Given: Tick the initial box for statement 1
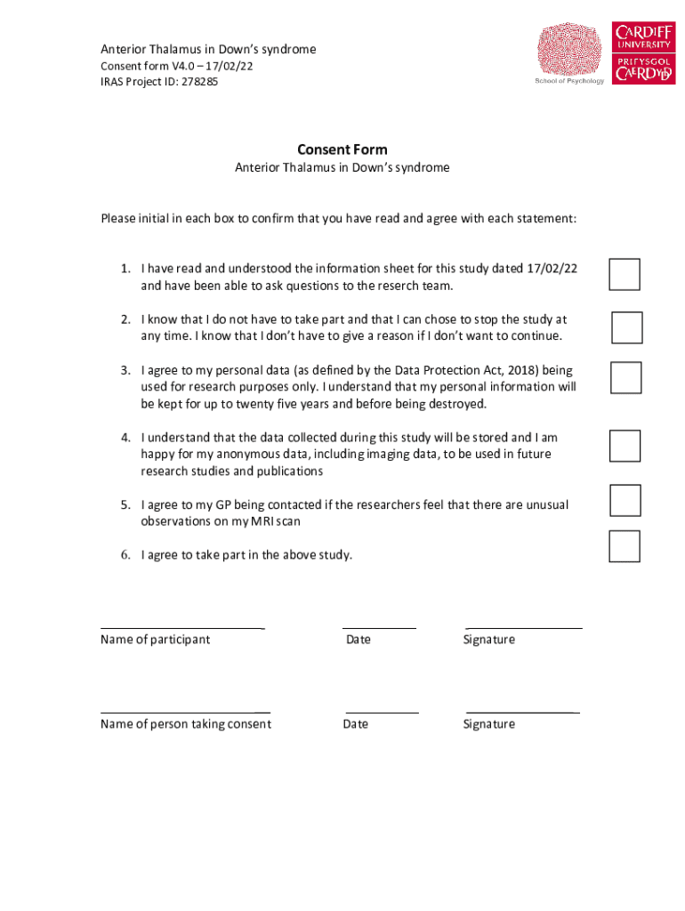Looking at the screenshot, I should tap(625, 275).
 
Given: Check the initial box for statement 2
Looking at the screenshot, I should tap(627, 327).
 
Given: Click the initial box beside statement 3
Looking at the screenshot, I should tap(625, 377).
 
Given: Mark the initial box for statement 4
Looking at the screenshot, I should tap(625, 446).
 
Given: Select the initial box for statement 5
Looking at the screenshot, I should tap(625, 501).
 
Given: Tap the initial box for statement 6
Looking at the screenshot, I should tap(625, 546).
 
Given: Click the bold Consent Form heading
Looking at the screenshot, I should tap(342, 149).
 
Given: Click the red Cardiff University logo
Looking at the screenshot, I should tap(644, 53).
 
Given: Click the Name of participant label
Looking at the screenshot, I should tap(156, 640).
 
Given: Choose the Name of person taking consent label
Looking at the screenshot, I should tap(186, 724).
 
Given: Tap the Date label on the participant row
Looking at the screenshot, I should tap(359, 640).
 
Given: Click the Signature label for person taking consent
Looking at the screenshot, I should tap(488, 724).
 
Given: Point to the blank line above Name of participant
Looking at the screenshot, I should tap(182, 628).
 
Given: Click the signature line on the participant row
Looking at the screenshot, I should tap(524, 628).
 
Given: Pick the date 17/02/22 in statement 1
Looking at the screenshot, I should tap(552, 269).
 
